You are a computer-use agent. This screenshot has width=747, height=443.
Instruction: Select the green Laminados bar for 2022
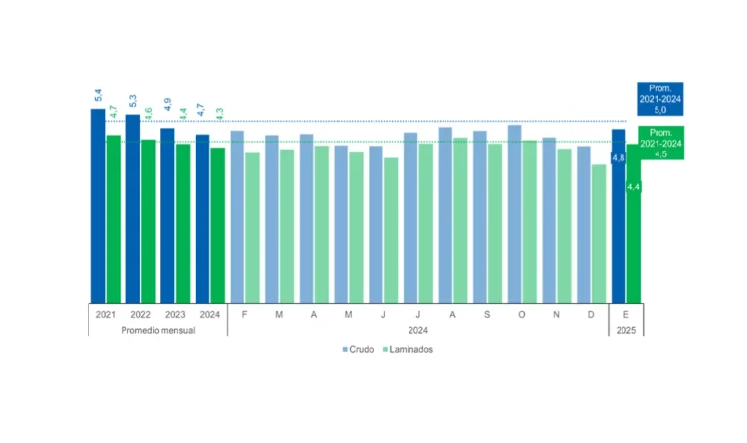coord(148,221)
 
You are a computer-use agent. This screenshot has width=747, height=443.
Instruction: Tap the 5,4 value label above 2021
coord(98,96)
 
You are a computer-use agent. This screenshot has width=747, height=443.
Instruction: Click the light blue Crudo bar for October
coord(515,214)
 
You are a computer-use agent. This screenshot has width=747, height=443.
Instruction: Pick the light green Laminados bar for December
coord(599,233)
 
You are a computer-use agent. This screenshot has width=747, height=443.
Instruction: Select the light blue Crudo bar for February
coord(237,216)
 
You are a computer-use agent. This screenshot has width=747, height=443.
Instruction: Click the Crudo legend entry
coord(358,349)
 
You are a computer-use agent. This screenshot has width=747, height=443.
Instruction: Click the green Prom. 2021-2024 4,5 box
coord(662,143)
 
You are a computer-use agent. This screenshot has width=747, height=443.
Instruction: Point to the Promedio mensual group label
coord(158,330)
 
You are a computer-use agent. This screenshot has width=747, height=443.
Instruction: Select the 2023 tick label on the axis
coord(175,315)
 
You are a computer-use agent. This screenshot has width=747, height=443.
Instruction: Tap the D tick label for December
coord(591,315)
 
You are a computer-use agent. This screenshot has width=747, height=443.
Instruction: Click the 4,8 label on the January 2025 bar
coord(618,157)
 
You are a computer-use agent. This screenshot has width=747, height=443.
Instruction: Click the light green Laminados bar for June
coord(391,230)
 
